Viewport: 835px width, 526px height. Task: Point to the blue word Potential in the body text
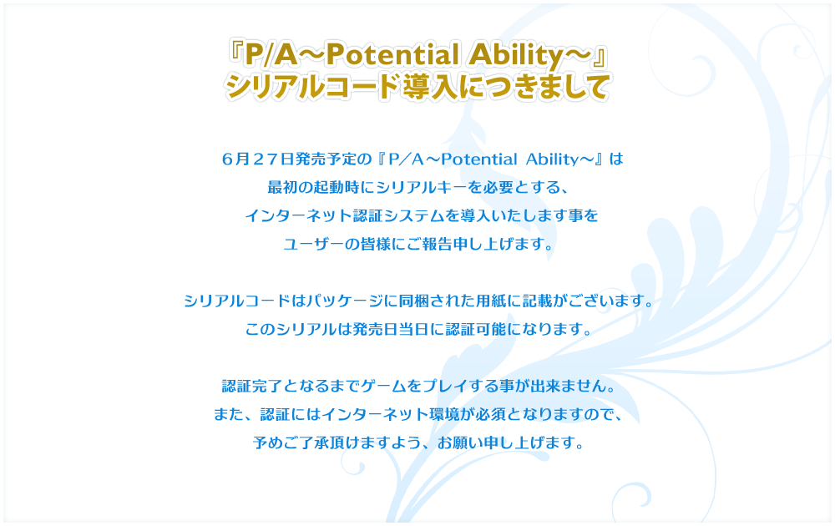coord(478,159)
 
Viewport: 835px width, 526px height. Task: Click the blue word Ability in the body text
coord(552,159)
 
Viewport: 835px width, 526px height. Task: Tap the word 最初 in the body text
coord(282,187)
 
